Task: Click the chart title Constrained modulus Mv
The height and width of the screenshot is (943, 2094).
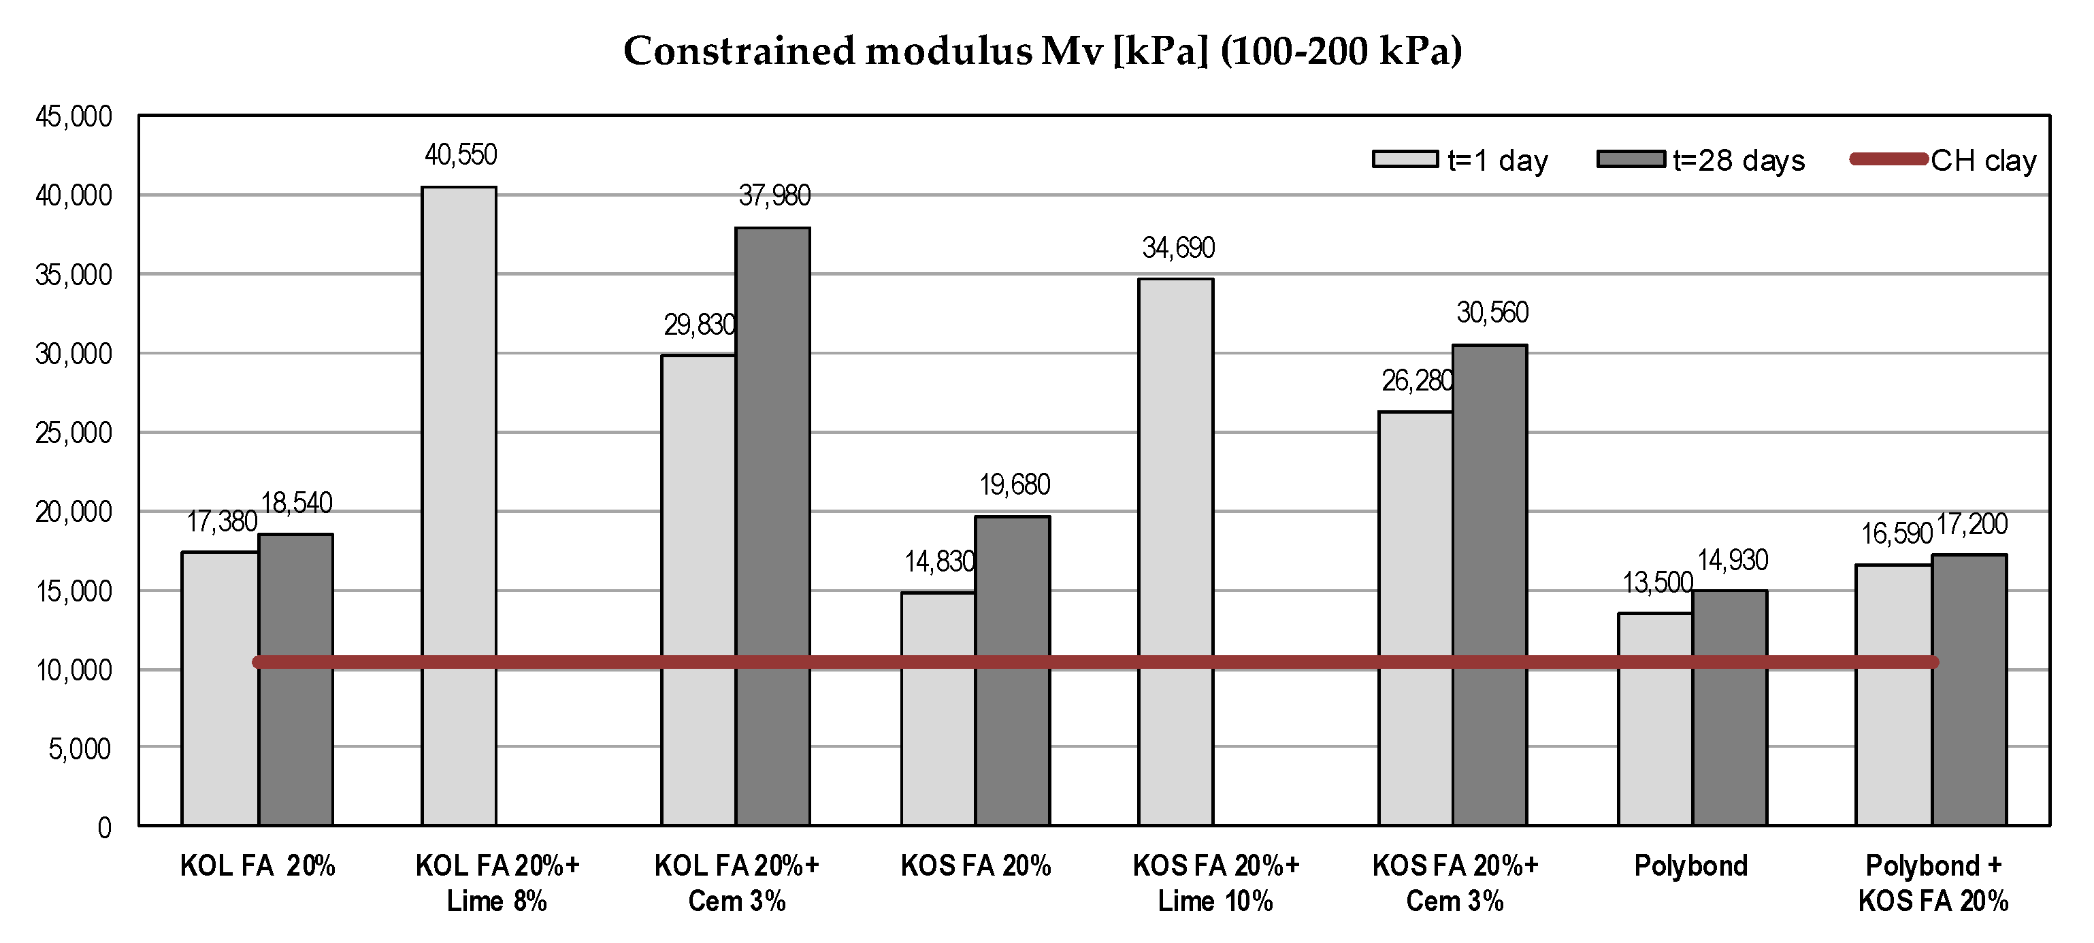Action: click(1043, 50)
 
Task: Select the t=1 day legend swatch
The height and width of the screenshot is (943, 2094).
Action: click(1405, 159)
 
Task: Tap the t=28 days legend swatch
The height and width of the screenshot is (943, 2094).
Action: click(1630, 159)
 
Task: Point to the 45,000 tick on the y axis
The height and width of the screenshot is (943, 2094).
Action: click(73, 116)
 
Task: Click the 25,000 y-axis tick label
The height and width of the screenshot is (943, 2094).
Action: click(73, 433)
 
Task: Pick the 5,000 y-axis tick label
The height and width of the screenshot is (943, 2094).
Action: click(80, 748)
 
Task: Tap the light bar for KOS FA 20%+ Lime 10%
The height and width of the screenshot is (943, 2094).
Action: click(1175, 552)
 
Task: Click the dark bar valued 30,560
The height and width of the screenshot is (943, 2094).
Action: click(1489, 584)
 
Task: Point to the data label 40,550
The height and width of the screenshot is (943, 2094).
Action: click(461, 154)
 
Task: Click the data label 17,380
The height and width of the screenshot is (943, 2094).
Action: click(222, 521)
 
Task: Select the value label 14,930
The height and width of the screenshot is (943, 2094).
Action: click(1732, 560)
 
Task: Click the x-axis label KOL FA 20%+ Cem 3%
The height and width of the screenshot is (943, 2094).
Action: click(736, 883)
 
